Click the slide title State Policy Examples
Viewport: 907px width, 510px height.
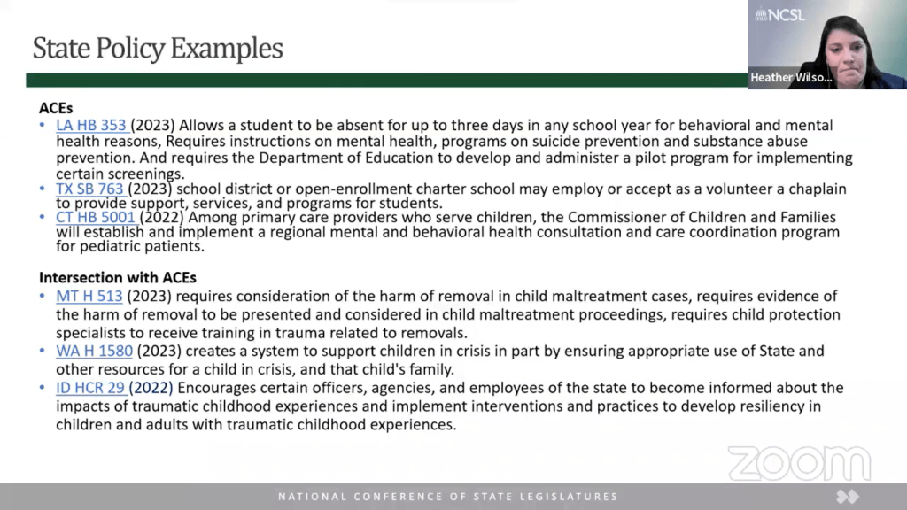click(158, 48)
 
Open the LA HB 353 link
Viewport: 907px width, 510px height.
click(91, 126)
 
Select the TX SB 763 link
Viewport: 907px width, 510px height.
click(90, 189)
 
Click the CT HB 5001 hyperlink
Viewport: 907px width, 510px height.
click(96, 217)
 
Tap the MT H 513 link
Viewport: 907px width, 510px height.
click(89, 296)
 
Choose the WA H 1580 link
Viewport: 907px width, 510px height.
click(94, 351)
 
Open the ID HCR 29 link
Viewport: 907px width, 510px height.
click(92, 388)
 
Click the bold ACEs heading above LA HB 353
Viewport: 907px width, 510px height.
click(56, 107)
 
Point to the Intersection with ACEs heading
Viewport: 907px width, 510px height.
click(118, 277)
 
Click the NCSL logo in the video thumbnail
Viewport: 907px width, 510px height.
click(779, 14)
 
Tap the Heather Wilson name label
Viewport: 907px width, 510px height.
click(791, 78)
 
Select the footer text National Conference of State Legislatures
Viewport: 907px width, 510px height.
click(448, 497)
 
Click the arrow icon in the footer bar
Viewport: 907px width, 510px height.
click(848, 497)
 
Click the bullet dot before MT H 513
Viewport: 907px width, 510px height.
click(43, 296)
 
